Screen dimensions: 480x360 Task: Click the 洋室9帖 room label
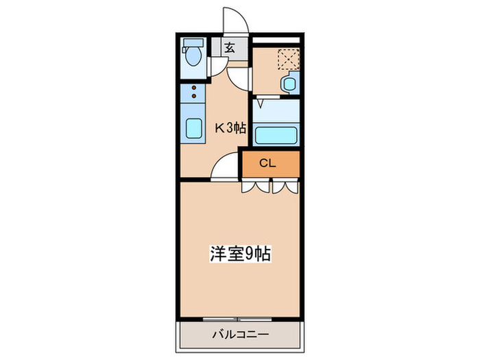(240, 254)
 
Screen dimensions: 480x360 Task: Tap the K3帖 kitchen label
(230, 128)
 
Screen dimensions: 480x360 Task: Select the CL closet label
(267, 163)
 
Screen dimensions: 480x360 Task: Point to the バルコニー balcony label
(241, 334)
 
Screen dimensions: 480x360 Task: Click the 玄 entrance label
(230, 48)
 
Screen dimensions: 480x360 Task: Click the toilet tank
(193, 43)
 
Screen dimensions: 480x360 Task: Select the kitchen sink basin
(193, 128)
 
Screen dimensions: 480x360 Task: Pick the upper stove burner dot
(194, 88)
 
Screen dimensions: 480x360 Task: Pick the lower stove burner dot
(194, 96)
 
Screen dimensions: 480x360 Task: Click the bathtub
(276, 135)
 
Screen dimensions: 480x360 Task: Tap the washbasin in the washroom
(289, 84)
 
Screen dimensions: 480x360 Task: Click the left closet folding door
(256, 187)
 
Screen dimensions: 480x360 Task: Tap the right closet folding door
(285, 187)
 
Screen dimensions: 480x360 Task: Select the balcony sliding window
(237, 320)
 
